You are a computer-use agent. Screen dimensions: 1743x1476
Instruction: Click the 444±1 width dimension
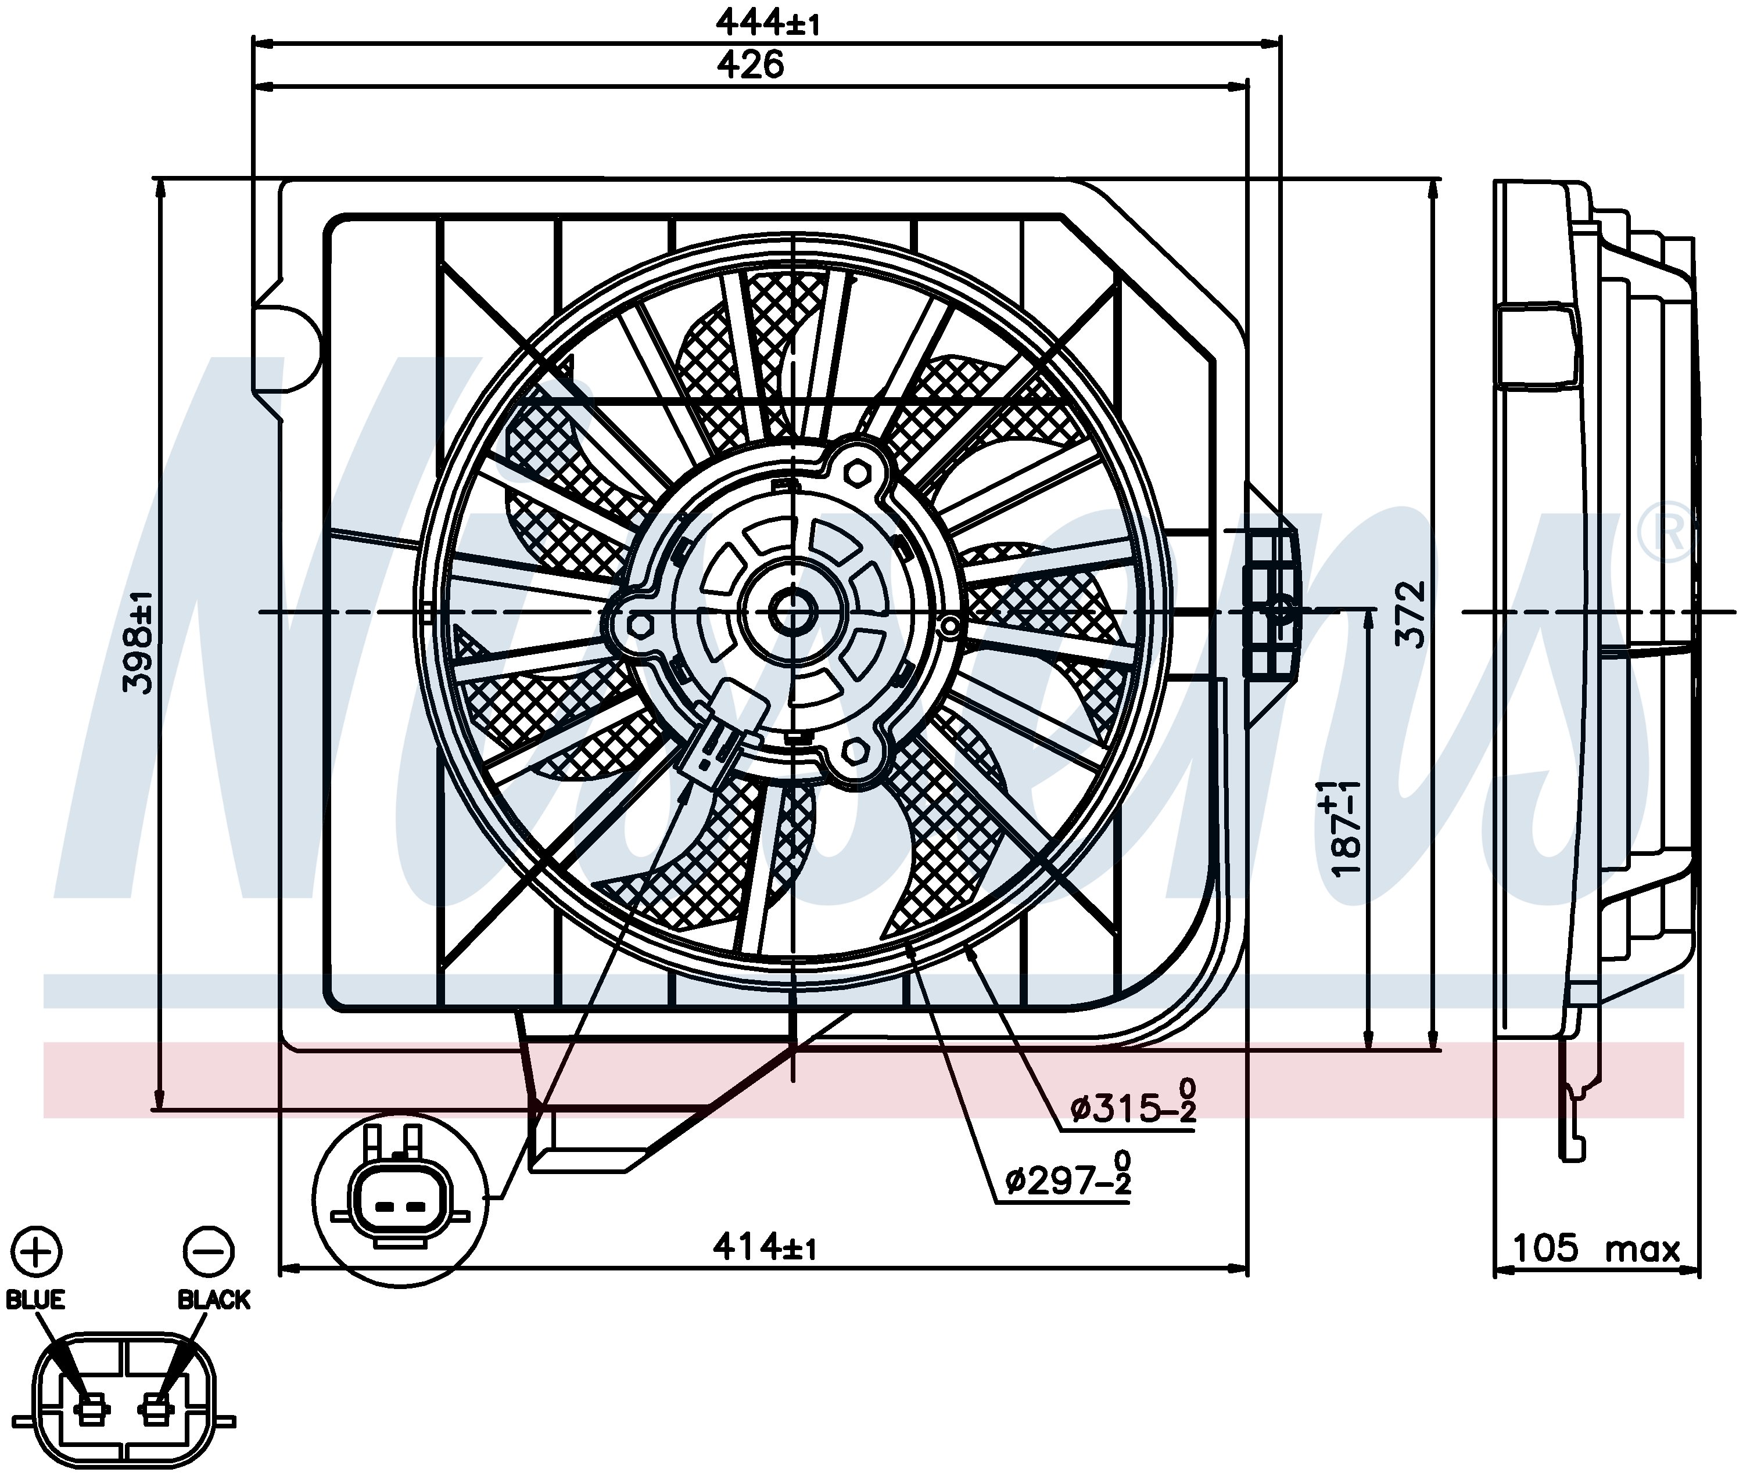tap(767, 23)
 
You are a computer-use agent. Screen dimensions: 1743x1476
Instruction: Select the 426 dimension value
tap(750, 64)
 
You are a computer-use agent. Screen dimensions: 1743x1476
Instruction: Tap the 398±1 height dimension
tap(139, 641)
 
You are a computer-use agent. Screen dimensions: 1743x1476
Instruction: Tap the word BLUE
tap(35, 1299)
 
